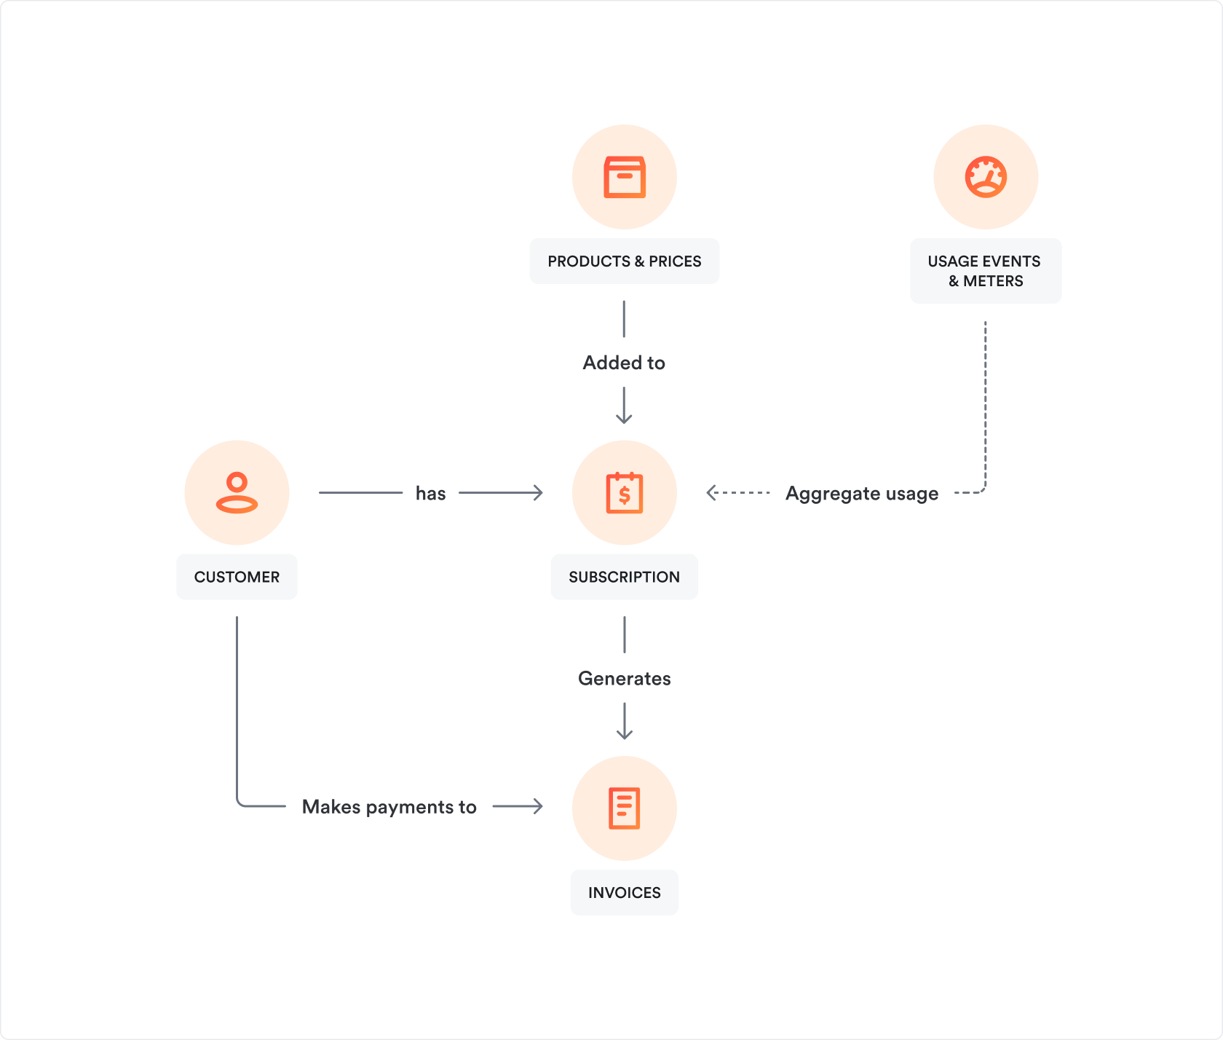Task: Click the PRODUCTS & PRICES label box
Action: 624,261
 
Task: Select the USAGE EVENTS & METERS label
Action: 985,271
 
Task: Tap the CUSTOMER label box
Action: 237,577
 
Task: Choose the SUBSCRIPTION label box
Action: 624,577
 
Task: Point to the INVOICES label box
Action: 624,892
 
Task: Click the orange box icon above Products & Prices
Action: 624,177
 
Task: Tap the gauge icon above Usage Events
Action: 986,177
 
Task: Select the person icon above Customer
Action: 237,493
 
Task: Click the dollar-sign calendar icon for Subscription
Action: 624,493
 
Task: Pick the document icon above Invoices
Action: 624,808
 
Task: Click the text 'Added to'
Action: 624,363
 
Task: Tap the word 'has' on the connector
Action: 430,494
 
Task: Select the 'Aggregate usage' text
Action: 862,494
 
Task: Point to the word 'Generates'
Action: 624,679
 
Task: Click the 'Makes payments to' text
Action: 389,807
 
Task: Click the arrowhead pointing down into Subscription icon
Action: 624,419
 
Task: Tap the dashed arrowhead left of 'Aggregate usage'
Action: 711,493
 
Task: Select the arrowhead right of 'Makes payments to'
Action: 538,806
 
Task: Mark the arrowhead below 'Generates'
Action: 624,734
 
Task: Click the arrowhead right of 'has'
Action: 538,493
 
